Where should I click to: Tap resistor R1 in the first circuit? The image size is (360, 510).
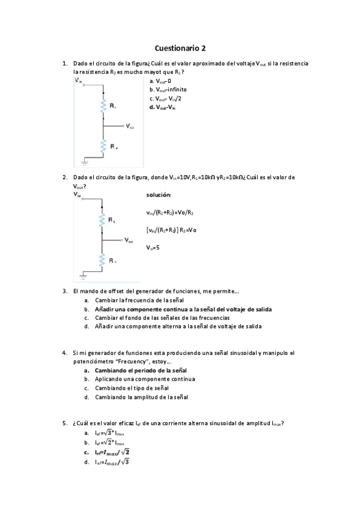point(105,106)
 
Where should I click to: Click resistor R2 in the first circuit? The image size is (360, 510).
point(105,146)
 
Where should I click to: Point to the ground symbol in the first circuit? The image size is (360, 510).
point(85,161)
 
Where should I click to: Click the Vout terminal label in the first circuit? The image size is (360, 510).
point(130,127)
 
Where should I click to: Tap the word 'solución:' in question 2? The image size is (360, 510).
point(158,195)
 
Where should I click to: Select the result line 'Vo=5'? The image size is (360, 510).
point(153,247)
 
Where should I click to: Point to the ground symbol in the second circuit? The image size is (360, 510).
point(85,276)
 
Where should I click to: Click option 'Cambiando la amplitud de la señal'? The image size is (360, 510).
point(141,397)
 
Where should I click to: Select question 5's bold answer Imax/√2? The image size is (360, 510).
point(112,452)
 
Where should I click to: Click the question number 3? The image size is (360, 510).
point(64,291)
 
